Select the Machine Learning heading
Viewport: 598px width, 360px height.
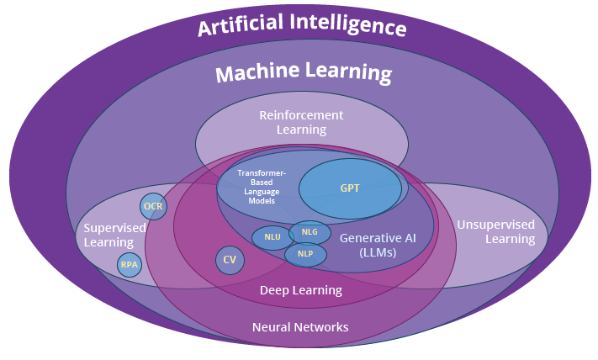click(304, 73)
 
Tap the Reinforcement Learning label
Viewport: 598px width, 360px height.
click(301, 122)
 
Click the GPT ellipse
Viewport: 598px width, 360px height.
click(350, 188)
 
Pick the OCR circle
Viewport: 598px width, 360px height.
click(153, 206)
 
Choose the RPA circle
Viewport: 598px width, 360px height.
click(130, 264)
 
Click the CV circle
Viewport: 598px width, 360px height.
click(229, 260)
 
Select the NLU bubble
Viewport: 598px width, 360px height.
click(273, 237)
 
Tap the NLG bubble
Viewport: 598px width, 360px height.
click(310, 231)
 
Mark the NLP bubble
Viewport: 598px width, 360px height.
click(305, 253)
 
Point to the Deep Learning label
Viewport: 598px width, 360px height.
click(300, 290)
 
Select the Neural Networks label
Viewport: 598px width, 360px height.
click(300, 327)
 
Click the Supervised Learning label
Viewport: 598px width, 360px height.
click(114, 235)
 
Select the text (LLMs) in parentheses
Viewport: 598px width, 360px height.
click(367, 252)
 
